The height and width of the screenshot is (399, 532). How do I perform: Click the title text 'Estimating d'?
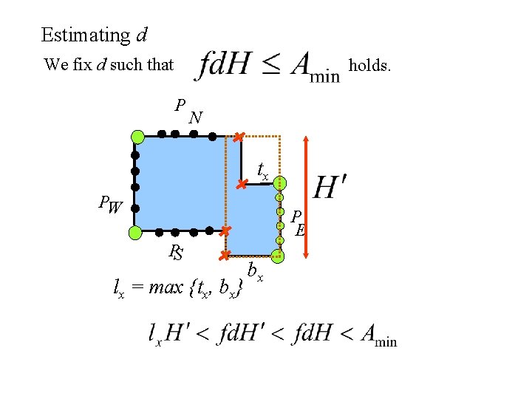[x=94, y=35]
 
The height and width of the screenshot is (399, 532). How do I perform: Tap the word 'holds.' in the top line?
[x=369, y=65]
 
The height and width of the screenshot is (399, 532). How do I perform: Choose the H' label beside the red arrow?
[x=331, y=187]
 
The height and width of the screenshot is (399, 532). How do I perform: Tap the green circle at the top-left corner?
[x=137, y=136]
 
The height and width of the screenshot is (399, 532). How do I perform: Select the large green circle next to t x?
[x=280, y=183]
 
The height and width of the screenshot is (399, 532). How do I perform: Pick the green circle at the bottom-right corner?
[x=278, y=256]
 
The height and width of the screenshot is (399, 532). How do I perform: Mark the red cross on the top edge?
[x=238, y=137]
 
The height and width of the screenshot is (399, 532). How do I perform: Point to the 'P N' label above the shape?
[x=187, y=111]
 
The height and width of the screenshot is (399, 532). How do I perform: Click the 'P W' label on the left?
[x=111, y=204]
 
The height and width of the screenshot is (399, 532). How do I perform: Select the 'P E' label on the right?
[x=298, y=222]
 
